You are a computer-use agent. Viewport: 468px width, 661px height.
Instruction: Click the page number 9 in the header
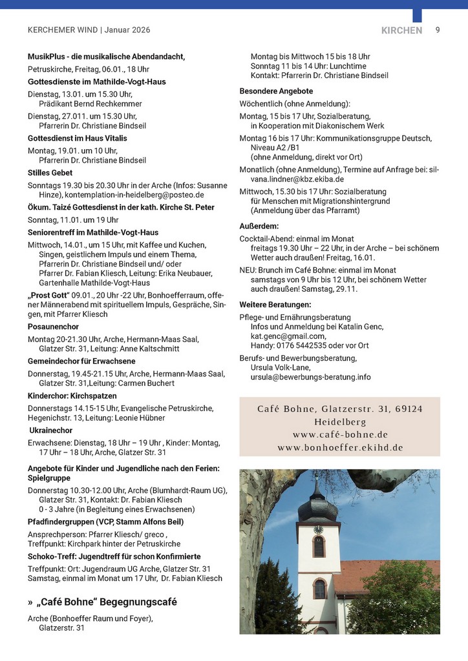(438, 30)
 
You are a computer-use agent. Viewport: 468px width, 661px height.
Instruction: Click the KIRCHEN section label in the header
(401, 30)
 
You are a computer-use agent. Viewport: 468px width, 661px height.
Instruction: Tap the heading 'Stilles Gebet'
(50, 173)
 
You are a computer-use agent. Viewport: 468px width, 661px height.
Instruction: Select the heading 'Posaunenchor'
(53, 327)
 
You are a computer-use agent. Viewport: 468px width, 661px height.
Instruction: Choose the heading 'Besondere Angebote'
(276, 91)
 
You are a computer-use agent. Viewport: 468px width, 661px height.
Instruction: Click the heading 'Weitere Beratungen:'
(275, 304)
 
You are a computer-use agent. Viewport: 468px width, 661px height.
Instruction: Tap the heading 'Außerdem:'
(259, 227)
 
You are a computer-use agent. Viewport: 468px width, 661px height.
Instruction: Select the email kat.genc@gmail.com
(288, 336)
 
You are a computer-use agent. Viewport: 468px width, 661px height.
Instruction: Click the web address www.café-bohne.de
(340, 434)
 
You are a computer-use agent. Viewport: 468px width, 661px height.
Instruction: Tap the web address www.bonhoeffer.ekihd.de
(340, 447)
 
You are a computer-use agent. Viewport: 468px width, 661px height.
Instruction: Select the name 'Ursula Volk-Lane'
(281, 367)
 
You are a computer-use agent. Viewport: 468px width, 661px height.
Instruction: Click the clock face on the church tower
(318, 529)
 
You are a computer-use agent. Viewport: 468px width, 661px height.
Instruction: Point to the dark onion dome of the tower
(317, 508)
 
